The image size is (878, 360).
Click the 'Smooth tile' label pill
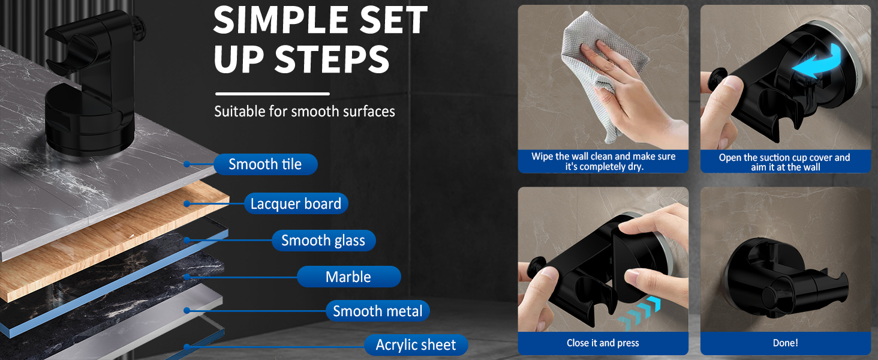(x=264, y=164)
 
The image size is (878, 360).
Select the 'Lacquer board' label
(x=296, y=204)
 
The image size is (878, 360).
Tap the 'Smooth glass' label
(x=323, y=241)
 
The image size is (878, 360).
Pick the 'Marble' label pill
(x=348, y=277)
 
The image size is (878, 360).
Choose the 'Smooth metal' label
(x=378, y=311)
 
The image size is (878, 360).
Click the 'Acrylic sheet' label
(x=416, y=345)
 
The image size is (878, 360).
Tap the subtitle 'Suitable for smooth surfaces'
(x=305, y=111)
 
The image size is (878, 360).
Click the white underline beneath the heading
(x=272, y=94)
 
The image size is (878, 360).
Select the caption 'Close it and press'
(x=603, y=343)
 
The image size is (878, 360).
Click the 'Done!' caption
(x=785, y=343)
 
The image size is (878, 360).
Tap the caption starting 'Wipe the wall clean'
(x=603, y=161)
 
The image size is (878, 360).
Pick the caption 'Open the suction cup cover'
(x=784, y=162)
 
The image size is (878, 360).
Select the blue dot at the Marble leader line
(x=187, y=277)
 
